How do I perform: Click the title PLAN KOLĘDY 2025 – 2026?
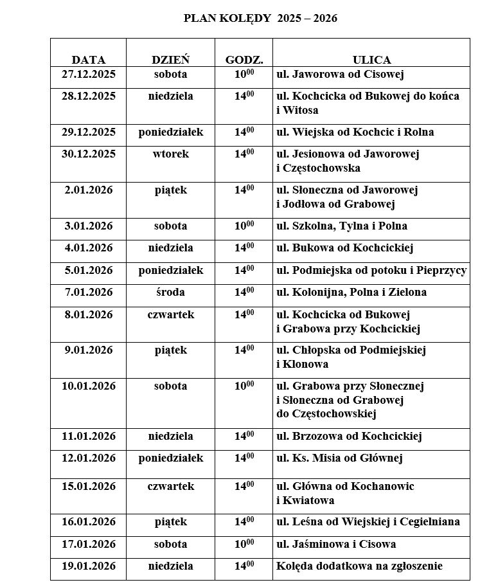260,19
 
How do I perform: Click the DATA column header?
89,60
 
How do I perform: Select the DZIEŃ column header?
170,60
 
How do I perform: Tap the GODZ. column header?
244,60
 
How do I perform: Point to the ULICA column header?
371,60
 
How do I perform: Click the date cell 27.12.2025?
89,75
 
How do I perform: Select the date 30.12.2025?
89,154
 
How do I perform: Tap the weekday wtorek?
170,154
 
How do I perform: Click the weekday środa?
170,293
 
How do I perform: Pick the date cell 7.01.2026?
89,293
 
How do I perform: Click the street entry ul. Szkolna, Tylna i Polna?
341,226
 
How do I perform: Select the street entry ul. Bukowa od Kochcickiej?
344,248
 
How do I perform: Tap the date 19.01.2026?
89,566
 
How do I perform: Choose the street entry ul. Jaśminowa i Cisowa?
336,545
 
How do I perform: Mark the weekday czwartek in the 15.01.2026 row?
170,487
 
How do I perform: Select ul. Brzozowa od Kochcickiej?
349,437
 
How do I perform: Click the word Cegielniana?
431,522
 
